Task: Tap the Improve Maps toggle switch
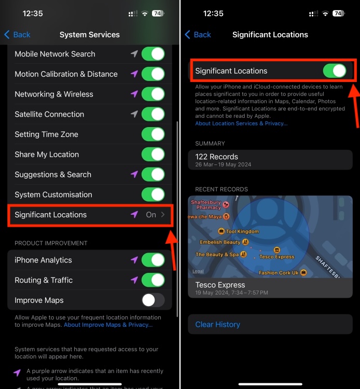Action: [153, 300]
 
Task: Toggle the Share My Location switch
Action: [153, 155]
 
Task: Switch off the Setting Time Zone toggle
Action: [153, 134]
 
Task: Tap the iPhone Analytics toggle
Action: [153, 260]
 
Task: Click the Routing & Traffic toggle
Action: [153, 280]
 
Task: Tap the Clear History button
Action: [217, 325]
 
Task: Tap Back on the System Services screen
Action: [17, 34]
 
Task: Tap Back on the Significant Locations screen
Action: [198, 34]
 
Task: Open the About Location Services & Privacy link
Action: [241, 123]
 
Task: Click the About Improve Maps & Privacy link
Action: [108, 325]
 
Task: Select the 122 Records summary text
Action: [217, 157]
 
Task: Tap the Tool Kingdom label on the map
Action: [242, 231]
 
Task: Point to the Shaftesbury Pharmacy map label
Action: [206, 205]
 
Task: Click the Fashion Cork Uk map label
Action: [279, 273]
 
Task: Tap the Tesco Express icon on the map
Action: [277, 250]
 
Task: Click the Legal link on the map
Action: [198, 271]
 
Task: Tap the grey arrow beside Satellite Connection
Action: [134, 114]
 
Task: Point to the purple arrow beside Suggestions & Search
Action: [134, 174]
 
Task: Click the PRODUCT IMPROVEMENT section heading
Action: [51, 243]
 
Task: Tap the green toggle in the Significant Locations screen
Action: [335, 71]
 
